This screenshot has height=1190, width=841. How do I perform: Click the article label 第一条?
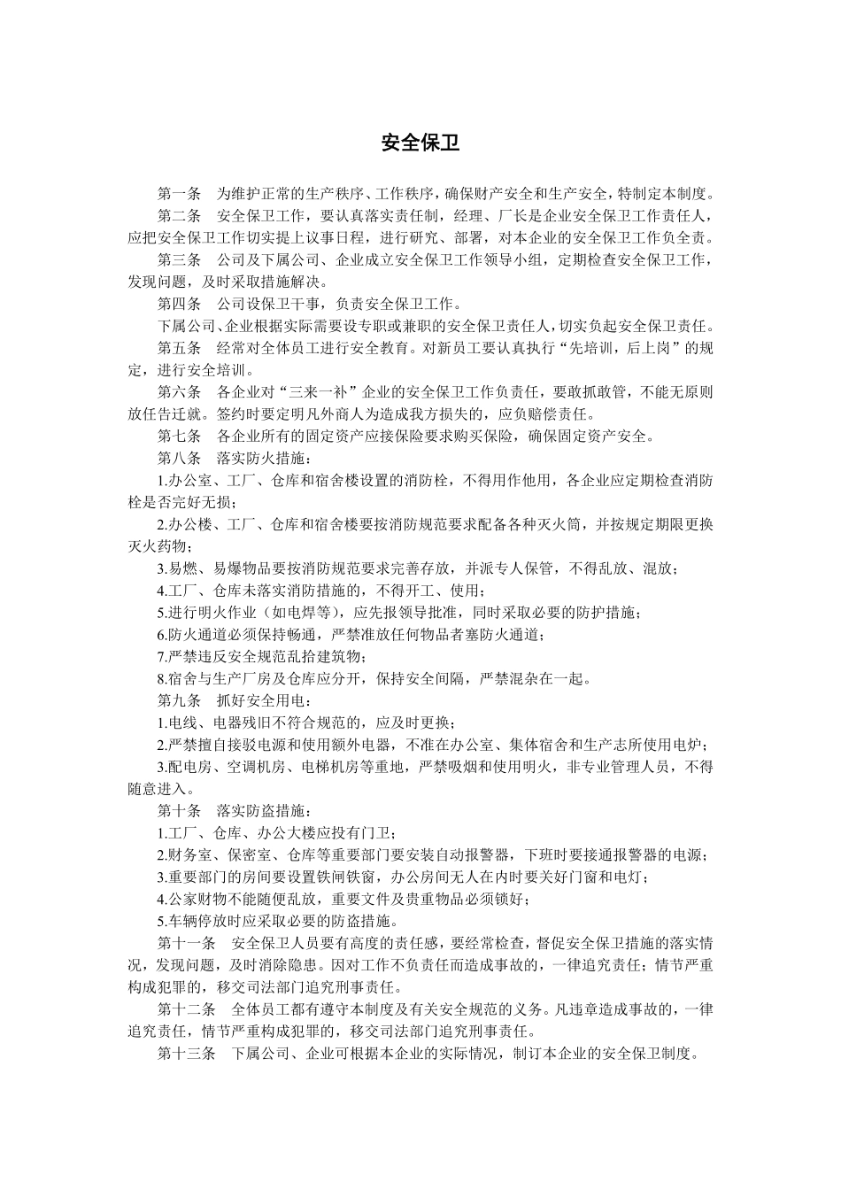point(180,194)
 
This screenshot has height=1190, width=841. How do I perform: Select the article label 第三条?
point(180,260)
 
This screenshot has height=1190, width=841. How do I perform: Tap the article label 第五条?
point(180,348)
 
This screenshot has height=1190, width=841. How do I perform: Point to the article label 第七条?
point(180,436)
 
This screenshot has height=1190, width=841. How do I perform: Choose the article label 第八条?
point(180,458)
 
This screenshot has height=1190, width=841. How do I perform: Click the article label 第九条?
point(180,700)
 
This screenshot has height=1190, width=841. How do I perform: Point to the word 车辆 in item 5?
point(183,921)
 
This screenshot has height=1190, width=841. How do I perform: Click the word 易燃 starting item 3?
point(183,568)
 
